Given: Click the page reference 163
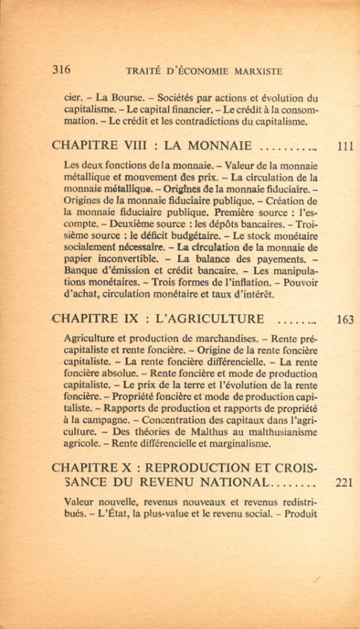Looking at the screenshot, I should point(345,319).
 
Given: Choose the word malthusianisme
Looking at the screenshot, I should point(279,432).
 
